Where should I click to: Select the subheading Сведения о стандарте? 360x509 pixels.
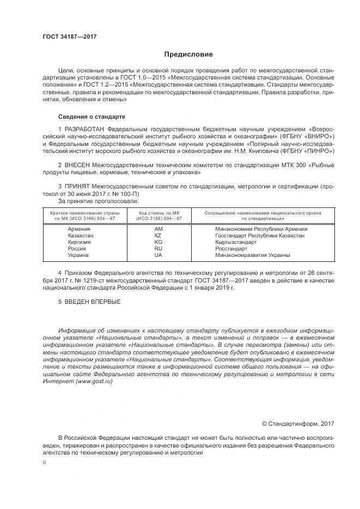(x=91, y=117)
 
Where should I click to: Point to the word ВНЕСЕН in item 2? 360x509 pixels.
(x=80, y=164)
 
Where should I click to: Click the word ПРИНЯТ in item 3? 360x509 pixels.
(x=79, y=186)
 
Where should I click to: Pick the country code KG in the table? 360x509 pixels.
(x=158, y=242)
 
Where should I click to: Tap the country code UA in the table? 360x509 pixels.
(x=158, y=255)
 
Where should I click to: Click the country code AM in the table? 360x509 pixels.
(x=158, y=229)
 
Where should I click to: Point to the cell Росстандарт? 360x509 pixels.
(x=231, y=249)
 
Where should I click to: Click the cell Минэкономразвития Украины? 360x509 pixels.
(x=253, y=255)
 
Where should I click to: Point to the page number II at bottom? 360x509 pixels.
(x=45, y=462)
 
